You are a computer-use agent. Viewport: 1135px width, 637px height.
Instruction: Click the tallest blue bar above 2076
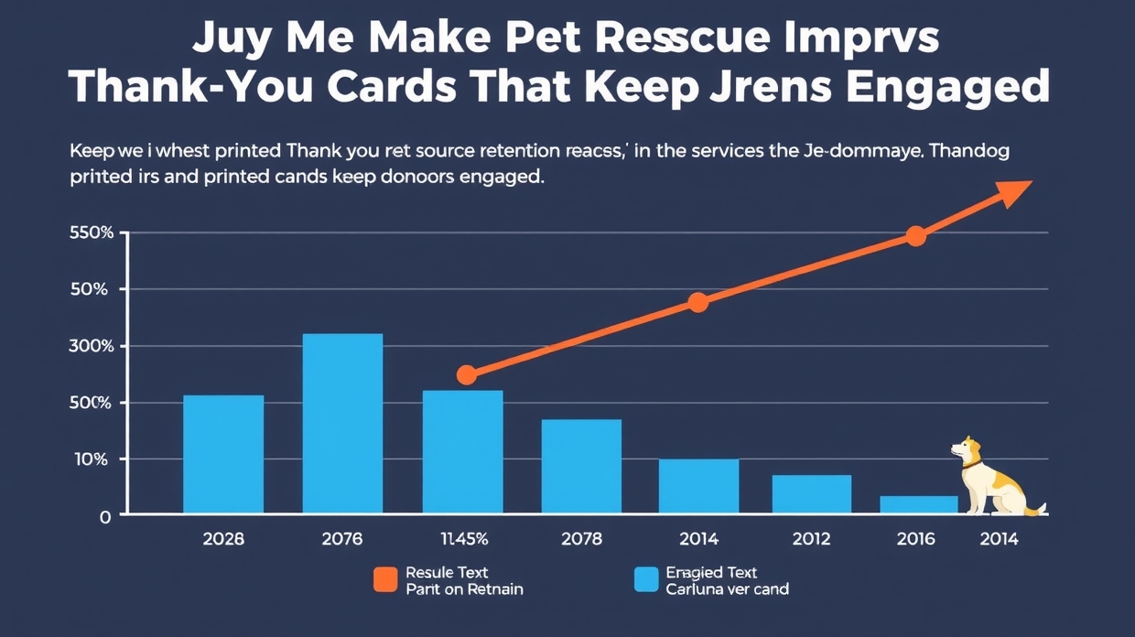342,423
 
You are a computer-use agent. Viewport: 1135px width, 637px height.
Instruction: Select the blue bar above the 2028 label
223,454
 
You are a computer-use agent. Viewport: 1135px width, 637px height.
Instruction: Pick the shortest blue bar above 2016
918,504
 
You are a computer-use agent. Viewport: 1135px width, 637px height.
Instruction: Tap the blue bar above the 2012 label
811,494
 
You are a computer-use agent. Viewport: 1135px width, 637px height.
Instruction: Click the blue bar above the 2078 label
581,466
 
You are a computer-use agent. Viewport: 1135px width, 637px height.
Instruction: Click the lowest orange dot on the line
467,374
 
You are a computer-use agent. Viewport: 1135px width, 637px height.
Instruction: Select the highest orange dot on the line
915,236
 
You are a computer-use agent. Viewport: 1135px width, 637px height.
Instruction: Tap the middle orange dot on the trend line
697,303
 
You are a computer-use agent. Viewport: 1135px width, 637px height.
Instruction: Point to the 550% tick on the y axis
92,232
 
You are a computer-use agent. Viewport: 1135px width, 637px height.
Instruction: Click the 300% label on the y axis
92,346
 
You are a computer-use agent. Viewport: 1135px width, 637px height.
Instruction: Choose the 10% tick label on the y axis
92,459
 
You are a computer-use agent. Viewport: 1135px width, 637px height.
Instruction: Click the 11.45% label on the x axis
462,539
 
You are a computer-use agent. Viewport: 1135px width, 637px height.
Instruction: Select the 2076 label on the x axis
342,539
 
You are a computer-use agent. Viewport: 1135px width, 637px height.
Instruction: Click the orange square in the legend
385,579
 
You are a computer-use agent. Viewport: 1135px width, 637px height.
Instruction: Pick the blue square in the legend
646,579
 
